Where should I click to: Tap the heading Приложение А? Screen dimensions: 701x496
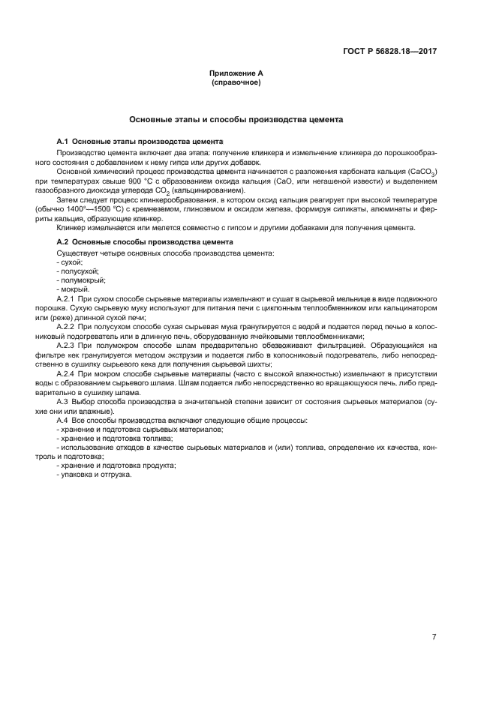(236, 73)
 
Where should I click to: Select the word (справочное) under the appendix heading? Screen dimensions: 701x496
(236, 82)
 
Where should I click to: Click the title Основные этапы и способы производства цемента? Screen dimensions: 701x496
(236, 119)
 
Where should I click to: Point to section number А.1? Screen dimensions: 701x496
(64, 142)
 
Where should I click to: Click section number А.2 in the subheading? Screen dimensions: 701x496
(64, 242)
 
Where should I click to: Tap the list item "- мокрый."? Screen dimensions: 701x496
(74, 289)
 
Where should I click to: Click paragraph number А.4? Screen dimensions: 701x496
(63, 420)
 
